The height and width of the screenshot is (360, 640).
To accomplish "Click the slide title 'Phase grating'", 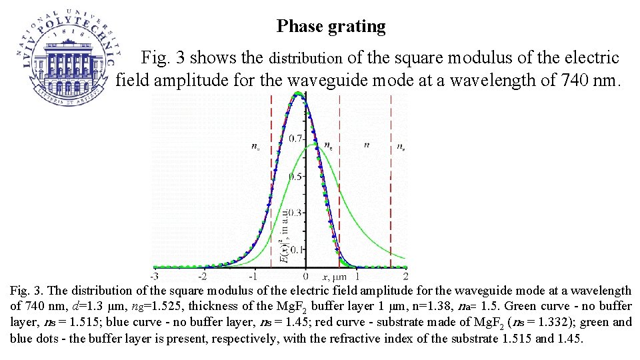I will [331, 27].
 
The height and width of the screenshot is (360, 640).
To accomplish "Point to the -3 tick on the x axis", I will [153, 275].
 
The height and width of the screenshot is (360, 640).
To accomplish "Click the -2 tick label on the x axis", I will [203, 275].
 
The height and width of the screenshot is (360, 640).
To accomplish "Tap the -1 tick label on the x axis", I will [254, 275].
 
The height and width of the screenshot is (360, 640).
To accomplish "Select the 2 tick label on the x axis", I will [405, 275].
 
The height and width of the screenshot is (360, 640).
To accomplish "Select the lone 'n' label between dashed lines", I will [367, 145].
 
